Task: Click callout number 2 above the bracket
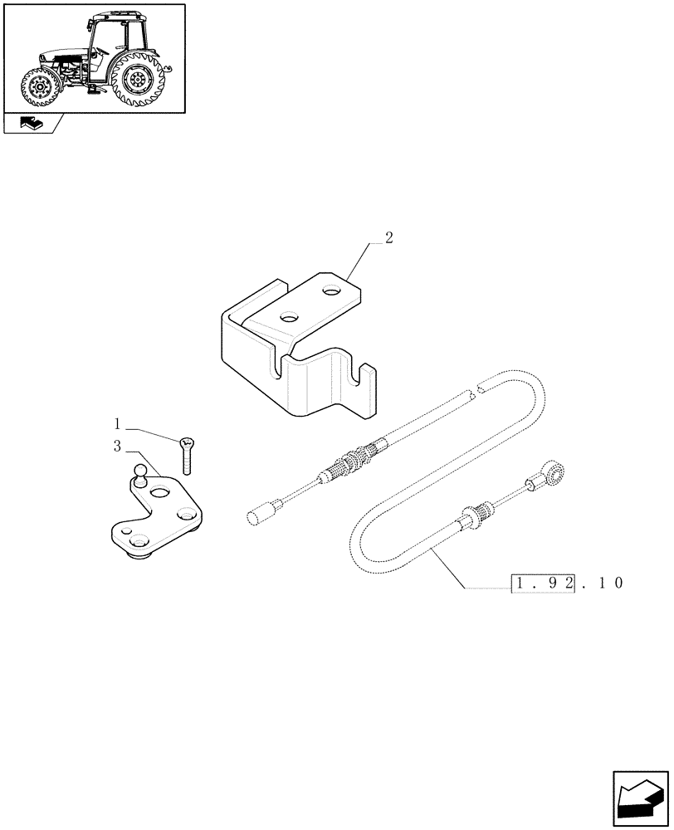pos(389,238)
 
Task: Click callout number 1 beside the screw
pos(118,422)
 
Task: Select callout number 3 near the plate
pos(118,447)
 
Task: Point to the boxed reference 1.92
pos(533,583)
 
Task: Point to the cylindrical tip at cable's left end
pos(256,517)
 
